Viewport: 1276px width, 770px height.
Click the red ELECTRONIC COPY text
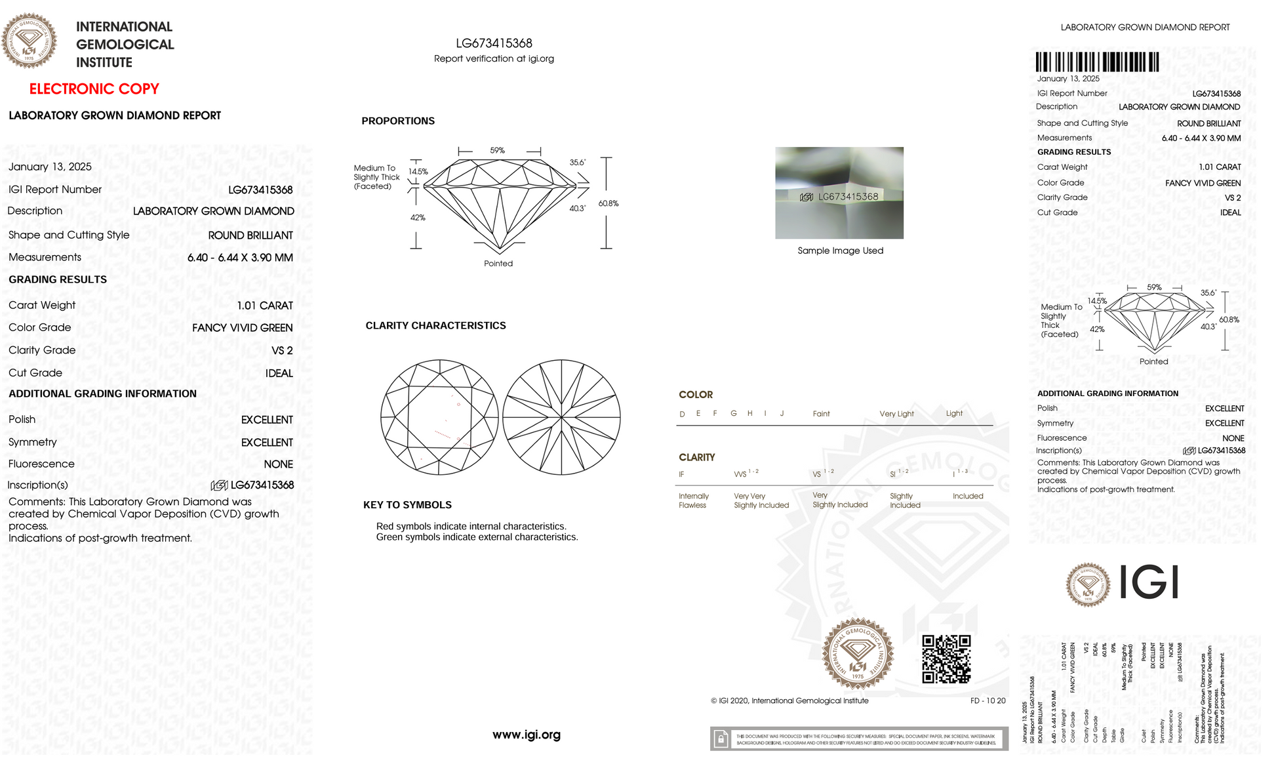[94, 89]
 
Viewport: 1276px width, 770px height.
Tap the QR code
[946, 659]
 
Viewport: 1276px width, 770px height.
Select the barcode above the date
[1097, 62]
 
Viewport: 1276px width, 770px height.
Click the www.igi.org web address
[526, 735]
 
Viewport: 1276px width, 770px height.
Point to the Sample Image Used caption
[840, 251]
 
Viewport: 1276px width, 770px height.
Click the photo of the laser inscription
[839, 193]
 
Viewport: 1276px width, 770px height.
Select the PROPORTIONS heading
[398, 121]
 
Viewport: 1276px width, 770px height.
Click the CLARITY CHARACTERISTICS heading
[435, 326]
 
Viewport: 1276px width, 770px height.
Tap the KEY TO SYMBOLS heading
[407, 505]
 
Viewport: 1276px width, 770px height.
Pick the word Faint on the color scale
[821, 414]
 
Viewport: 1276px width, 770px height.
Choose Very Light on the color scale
[896, 414]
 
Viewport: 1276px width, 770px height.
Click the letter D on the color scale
[682, 415]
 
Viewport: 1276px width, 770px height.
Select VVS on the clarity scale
[740, 474]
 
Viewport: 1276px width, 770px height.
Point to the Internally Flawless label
[693, 501]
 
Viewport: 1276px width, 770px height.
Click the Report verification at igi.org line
[494, 59]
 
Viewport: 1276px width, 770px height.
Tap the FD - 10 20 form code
[987, 701]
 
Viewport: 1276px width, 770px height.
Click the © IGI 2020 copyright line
[789, 701]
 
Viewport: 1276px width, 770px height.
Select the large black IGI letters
[1149, 582]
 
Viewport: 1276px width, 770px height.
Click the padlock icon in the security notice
[721, 739]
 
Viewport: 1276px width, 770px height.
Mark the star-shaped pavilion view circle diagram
[562, 417]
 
